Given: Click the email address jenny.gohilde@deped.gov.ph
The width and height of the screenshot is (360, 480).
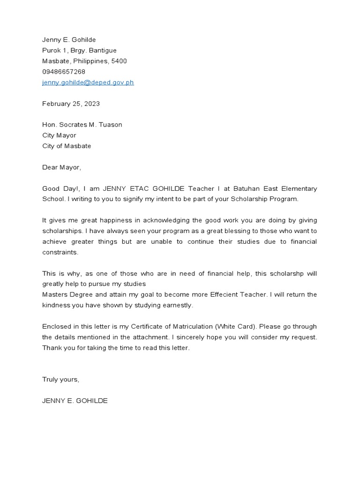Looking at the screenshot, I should pyautogui.click(x=88, y=82).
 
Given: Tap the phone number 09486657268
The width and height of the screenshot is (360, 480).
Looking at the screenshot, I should pyautogui.click(x=64, y=72).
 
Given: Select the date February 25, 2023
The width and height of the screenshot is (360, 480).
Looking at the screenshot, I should pyautogui.click(x=71, y=104).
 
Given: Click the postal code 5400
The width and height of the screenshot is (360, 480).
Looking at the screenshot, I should pyautogui.click(x=119, y=61).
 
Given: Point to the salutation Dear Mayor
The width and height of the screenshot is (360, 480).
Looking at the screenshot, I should pyautogui.click(x=61, y=167).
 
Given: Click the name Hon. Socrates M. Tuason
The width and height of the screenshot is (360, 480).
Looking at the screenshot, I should pyautogui.click(x=82, y=125).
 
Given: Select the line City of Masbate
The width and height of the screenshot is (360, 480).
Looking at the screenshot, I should pyautogui.click(x=67, y=146).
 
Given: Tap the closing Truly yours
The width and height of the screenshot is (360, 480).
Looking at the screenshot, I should pyautogui.click(x=61, y=379).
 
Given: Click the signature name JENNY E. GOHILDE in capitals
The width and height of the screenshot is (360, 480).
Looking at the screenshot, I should pyautogui.click(x=75, y=401).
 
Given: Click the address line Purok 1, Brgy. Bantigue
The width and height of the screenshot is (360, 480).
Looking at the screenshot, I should pyautogui.click(x=79, y=50).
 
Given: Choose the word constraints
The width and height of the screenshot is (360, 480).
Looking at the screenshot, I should pyautogui.click(x=60, y=252).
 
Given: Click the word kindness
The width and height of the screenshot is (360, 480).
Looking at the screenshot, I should pyautogui.click(x=56, y=305).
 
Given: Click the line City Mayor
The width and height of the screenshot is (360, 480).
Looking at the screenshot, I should pyautogui.click(x=59, y=135).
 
